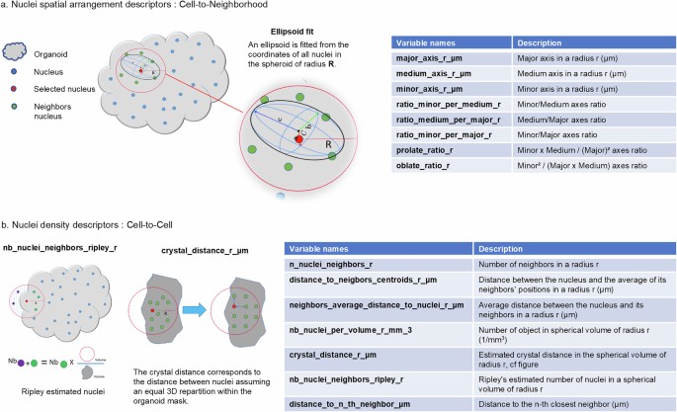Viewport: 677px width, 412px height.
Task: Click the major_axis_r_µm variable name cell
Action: tap(435, 61)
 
